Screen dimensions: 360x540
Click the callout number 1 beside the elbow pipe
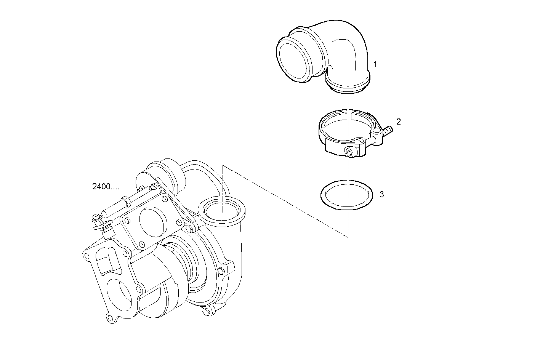[375, 64]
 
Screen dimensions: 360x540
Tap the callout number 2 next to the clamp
[399, 122]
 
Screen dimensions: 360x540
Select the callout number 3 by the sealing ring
[381, 195]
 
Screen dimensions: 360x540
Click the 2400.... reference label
[106, 187]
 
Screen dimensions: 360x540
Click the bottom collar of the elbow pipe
[348, 86]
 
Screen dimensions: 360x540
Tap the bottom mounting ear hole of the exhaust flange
[111, 318]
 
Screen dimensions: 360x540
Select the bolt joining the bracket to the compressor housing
[190, 228]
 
